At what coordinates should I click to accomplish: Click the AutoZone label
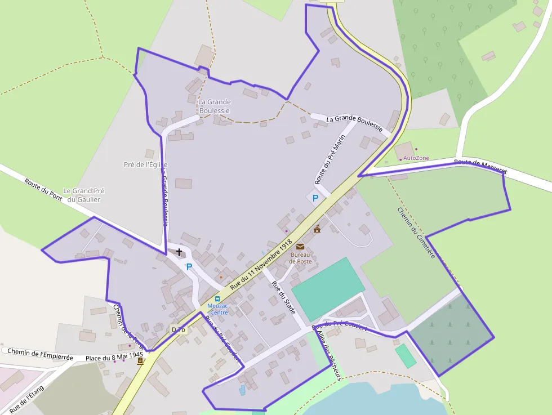point(416,158)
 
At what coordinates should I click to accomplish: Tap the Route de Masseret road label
point(480,166)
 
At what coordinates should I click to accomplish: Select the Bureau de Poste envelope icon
point(300,247)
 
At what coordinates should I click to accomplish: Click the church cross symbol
point(179,252)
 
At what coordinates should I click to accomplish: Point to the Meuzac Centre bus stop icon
point(217,299)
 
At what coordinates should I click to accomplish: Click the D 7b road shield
point(179,329)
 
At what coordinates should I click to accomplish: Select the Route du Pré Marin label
point(331,162)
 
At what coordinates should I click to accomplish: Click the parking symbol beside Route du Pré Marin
point(315,198)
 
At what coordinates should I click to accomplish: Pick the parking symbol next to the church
point(189,267)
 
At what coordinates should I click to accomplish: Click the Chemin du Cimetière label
point(417,233)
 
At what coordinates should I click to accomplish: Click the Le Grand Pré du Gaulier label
point(84,195)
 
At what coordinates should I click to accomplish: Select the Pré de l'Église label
point(145,164)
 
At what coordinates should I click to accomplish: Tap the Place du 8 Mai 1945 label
point(114,357)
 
